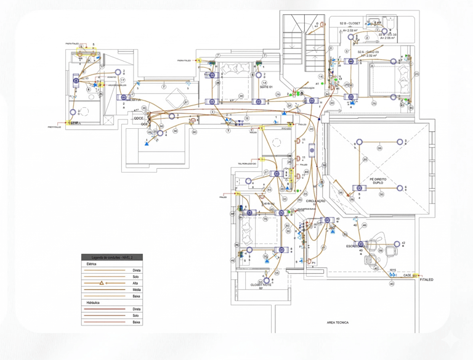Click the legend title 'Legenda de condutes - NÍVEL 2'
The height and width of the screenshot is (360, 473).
[112, 257]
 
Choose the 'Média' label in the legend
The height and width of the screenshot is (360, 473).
[136, 290]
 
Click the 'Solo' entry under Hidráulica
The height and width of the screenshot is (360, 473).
[136, 316]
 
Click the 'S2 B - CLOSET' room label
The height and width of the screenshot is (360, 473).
[350, 23]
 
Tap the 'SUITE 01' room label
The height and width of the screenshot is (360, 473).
[266, 87]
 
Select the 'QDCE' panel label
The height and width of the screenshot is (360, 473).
[139, 118]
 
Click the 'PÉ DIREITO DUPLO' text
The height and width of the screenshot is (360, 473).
[378, 182]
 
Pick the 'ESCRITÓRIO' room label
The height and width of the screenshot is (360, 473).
[355, 246]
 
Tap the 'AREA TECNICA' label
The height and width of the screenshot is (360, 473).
[338, 322]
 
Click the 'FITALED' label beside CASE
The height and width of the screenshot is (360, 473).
[426, 279]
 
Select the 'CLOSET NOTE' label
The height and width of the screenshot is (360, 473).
[261, 285]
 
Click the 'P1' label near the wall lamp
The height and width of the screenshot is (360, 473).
[313, 262]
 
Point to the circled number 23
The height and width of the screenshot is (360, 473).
[416, 74]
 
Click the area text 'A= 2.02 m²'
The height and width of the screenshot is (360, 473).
[349, 30]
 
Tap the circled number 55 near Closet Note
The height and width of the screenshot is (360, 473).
[277, 272]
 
